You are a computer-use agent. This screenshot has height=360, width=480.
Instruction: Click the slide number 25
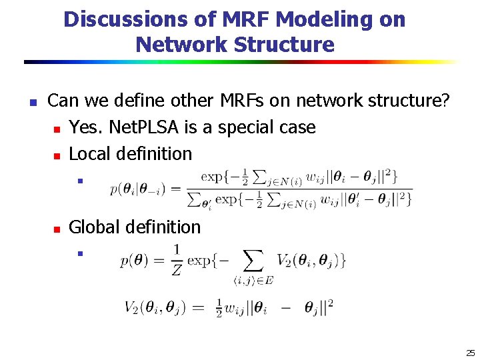tap(470, 353)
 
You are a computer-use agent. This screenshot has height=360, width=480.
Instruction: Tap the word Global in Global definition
tap(93, 227)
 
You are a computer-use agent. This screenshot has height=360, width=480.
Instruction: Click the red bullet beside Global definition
tap(57, 229)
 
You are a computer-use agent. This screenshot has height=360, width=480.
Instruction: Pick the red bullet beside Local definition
tap(57, 155)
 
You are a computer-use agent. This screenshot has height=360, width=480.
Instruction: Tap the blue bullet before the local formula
tap(79, 180)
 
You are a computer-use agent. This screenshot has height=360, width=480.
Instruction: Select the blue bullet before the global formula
tap(79, 253)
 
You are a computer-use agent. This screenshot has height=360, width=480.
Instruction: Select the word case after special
tap(297, 127)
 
